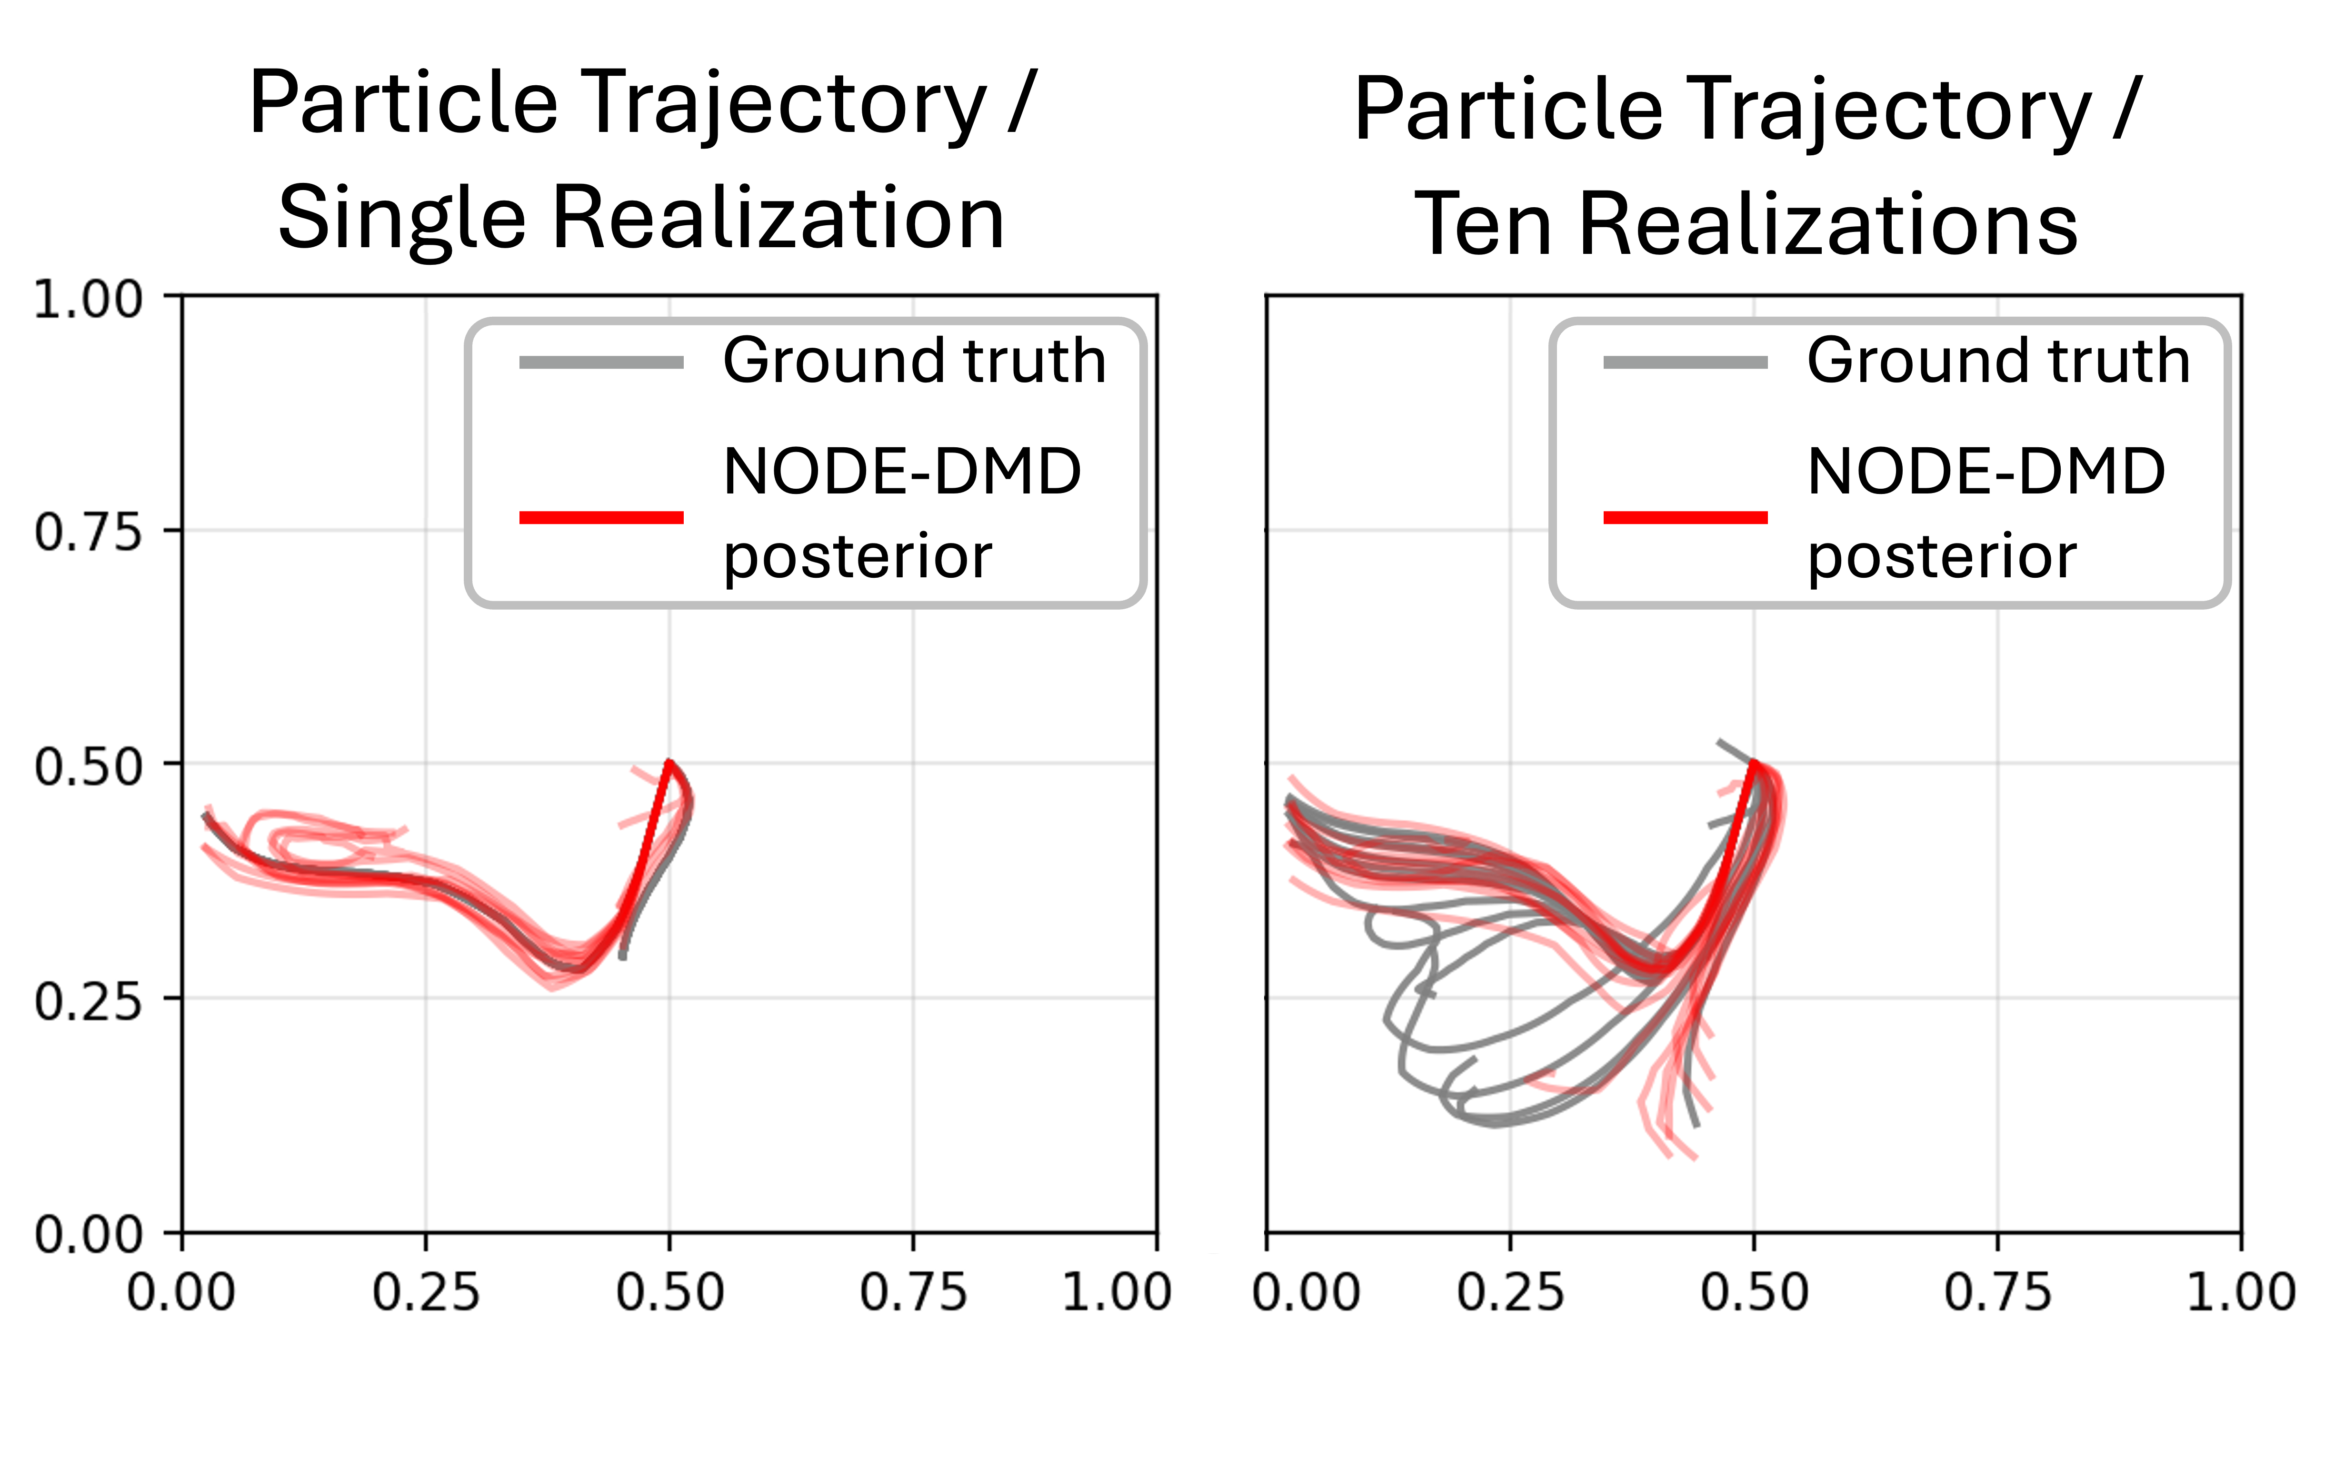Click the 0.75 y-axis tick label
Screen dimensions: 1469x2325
point(87,532)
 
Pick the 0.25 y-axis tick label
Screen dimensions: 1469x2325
point(87,1001)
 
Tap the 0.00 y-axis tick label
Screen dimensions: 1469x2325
point(87,1234)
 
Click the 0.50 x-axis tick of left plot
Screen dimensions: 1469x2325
point(670,1292)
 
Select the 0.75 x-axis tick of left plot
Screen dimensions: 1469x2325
point(913,1292)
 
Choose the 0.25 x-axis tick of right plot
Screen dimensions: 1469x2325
point(1510,1292)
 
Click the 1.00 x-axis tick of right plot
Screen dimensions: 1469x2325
point(2240,1292)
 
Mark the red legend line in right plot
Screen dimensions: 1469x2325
point(1685,518)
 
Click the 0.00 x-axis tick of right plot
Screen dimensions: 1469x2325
point(1306,1292)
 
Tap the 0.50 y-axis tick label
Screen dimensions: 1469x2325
point(87,767)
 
